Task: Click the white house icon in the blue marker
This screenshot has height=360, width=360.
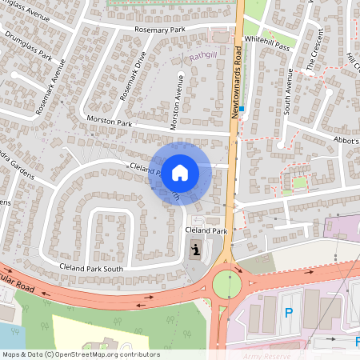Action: (180, 172)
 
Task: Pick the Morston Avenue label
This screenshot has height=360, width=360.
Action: (176, 102)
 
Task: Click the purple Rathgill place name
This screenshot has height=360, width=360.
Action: (203, 56)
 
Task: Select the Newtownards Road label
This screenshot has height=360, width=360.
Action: (236, 80)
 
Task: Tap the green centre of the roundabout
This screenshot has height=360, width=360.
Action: (226, 282)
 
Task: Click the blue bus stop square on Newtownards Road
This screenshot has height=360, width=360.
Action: (242, 109)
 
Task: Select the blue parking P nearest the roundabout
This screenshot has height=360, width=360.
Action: (289, 312)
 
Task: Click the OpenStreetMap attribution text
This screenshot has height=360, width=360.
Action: (80, 354)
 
